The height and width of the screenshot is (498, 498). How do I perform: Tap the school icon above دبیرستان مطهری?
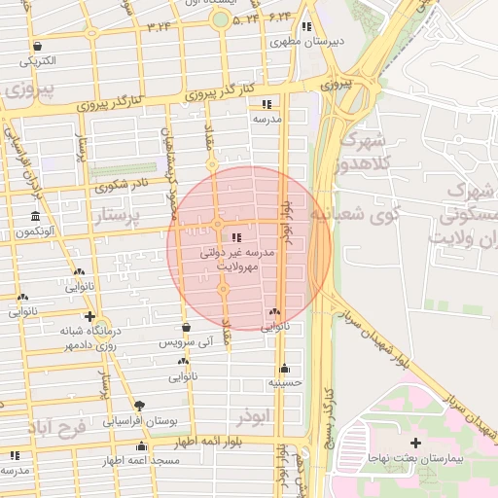click(x=307, y=26)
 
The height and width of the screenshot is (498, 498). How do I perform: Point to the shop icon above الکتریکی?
click(x=37, y=45)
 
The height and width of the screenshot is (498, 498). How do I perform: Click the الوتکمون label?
click(x=35, y=232)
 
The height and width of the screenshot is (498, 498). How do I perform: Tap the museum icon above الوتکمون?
click(x=35, y=216)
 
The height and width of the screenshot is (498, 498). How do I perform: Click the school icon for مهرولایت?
click(x=235, y=236)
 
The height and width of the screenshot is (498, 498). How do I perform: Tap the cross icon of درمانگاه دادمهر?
click(x=89, y=316)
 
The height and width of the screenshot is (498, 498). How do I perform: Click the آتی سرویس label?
click(x=184, y=344)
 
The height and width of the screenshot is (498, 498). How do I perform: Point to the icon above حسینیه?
click(x=284, y=369)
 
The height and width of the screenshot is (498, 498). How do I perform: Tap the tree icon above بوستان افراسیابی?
click(x=140, y=404)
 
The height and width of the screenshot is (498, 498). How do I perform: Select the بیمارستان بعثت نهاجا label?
click(x=412, y=456)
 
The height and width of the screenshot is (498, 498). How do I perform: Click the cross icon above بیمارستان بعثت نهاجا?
click(x=416, y=443)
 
